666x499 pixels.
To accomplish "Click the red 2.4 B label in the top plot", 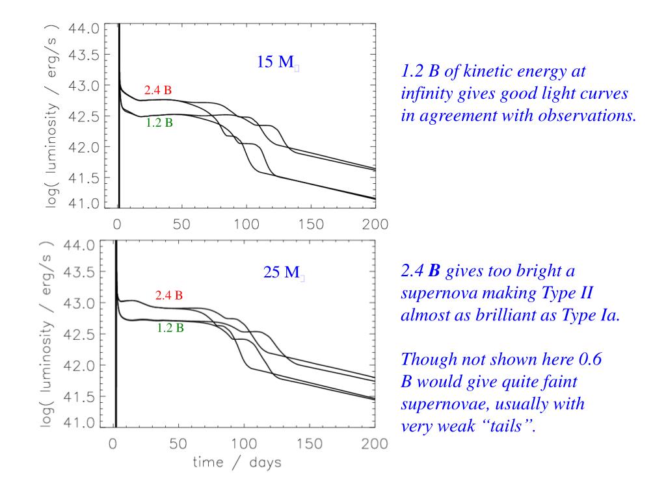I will (x=158, y=90).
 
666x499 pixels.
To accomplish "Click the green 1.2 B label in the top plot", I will (x=159, y=122).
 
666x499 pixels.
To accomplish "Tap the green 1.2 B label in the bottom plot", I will (x=170, y=328).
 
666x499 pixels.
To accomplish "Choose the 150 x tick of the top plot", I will (x=309, y=225).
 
